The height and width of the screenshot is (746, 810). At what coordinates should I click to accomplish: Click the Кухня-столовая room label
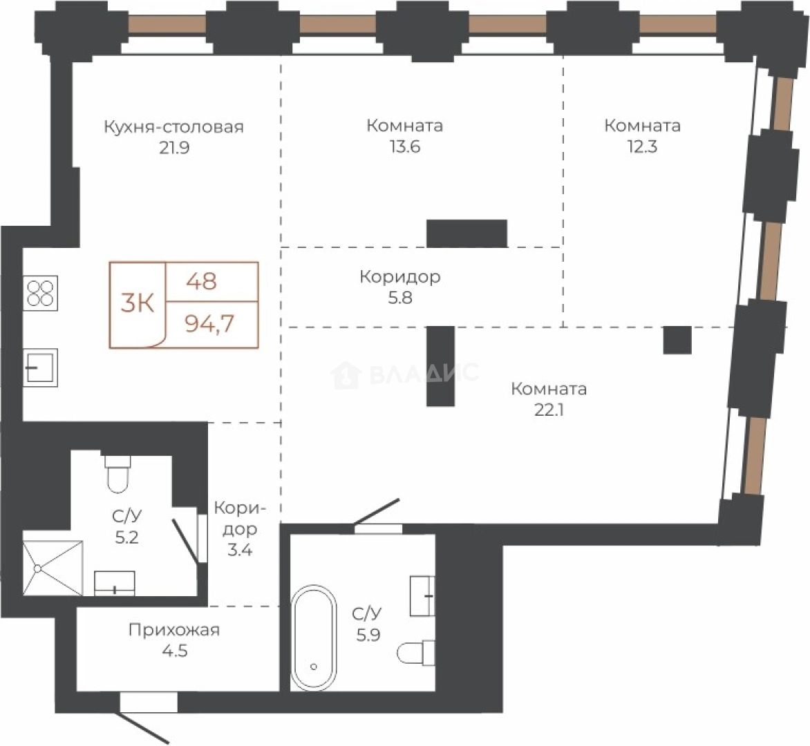coord(173,127)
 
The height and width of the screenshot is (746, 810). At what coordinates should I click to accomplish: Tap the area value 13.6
coord(405,147)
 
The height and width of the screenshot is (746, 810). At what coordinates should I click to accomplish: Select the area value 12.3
coord(642,147)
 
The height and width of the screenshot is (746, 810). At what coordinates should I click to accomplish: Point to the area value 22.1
coord(549,410)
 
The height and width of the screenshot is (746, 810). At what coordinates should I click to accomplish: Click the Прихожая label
coord(174,631)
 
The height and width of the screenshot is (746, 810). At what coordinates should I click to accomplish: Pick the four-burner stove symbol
coord(40,294)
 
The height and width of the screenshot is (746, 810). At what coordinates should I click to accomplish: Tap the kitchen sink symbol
coord(40,367)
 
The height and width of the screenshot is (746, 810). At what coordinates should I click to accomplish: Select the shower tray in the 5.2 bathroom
coord(53,568)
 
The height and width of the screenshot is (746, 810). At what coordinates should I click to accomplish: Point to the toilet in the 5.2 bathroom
coord(118,473)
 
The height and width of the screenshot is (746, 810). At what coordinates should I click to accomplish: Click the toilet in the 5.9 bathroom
coord(416,653)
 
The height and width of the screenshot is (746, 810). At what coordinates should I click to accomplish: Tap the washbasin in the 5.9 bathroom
coord(422,596)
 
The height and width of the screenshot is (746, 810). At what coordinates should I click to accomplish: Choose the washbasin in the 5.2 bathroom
coord(115,584)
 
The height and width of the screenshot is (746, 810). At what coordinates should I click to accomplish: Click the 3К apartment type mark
coord(138,303)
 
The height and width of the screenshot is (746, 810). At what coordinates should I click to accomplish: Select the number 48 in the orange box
coord(202,281)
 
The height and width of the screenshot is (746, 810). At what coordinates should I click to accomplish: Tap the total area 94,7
coord(209,324)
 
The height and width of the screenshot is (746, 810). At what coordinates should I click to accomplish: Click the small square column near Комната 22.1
coord(677,341)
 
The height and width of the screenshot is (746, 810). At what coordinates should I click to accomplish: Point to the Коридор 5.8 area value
coord(400,298)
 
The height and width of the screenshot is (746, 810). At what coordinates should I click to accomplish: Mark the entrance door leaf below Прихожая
coord(144,729)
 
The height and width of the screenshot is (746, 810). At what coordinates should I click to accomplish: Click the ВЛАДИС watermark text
coord(424,373)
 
